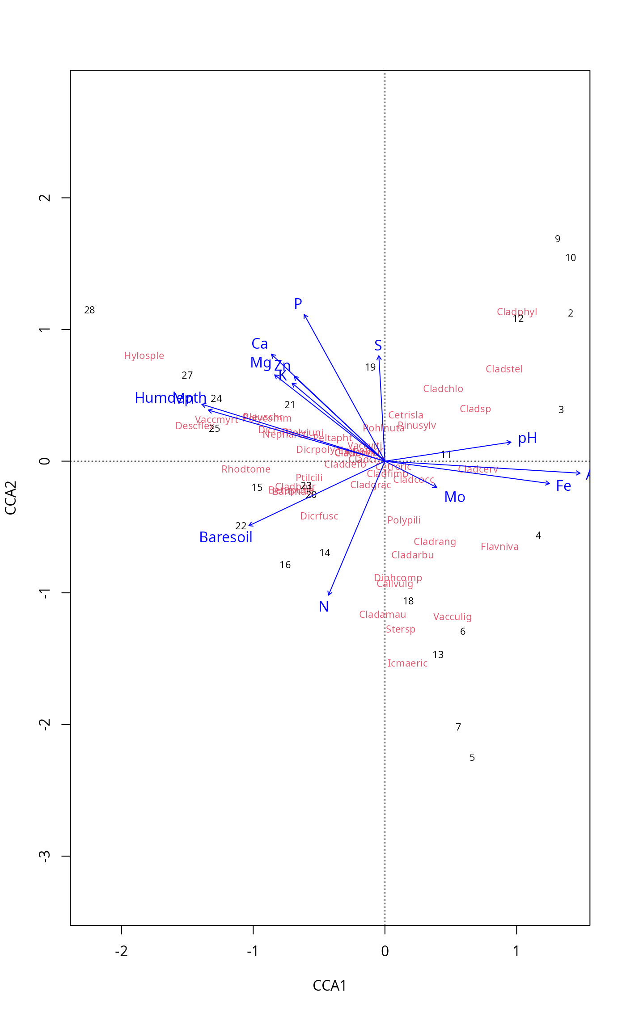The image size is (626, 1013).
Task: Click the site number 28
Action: coord(89,310)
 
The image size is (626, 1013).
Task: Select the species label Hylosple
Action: coord(144,356)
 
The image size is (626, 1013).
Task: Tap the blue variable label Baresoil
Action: coord(226,537)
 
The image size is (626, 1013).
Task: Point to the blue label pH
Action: coord(527,439)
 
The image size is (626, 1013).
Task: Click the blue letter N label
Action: coord(324,607)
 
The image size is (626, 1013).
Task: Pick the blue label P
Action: coord(298,304)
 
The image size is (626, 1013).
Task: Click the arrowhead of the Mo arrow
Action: coord(436,487)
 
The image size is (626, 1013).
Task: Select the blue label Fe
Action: coord(563,486)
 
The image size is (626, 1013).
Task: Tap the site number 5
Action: coord(472,758)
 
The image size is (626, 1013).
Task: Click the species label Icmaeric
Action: coord(407,663)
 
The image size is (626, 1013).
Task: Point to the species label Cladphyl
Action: coord(517,312)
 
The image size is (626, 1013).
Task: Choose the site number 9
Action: coord(558,239)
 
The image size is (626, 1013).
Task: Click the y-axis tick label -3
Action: coord(44,856)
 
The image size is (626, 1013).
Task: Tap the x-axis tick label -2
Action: coord(121,951)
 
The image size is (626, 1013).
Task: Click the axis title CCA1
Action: coord(330,986)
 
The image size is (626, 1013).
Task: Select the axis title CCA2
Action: coord(11,498)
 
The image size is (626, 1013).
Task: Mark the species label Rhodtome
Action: coord(246,469)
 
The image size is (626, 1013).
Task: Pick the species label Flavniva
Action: coord(499,547)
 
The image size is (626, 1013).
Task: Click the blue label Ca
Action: coord(259,344)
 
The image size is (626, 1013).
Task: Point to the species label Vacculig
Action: coord(452,617)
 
